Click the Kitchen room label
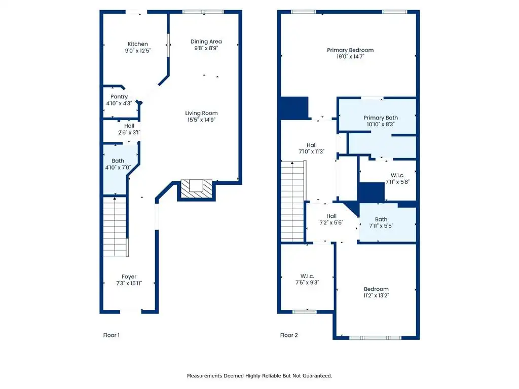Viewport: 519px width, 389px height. (138, 44)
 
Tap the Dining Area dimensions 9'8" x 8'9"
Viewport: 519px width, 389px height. (206, 48)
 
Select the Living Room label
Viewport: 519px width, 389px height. (201, 113)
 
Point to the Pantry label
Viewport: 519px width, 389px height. (119, 97)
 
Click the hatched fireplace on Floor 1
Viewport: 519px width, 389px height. (197, 189)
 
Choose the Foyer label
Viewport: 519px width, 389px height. (129, 277)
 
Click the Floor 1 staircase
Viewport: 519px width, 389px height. (116, 226)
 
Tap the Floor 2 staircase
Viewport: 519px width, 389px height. (293, 201)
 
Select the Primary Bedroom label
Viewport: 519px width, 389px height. (350, 50)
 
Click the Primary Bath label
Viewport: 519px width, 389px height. (381, 118)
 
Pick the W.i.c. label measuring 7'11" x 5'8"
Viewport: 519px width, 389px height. (397, 175)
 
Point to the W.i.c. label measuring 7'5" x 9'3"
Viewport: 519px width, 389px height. (307, 276)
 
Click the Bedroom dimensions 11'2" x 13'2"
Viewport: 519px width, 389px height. (376, 295)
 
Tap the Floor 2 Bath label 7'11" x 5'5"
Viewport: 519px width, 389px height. (381, 219)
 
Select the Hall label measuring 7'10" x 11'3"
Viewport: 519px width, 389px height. (312, 145)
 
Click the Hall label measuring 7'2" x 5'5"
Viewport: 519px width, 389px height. (331, 216)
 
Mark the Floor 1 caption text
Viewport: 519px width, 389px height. (111, 335)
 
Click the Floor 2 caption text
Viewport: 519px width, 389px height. (289, 335)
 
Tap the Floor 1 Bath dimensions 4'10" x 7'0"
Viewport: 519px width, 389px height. (118, 167)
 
